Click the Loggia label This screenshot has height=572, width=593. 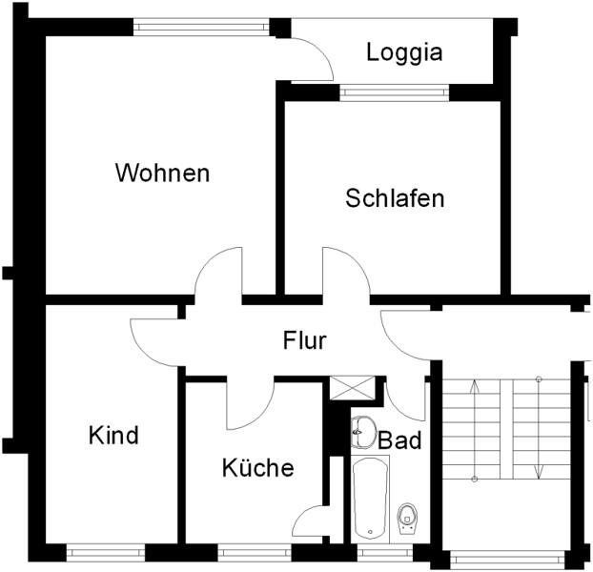tap(404, 52)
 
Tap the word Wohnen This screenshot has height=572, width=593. tap(162, 174)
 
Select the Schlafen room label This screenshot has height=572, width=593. tap(395, 198)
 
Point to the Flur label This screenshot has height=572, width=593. tap(305, 340)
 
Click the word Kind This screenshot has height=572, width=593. tap(113, 436)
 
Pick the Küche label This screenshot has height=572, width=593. tap(257, 468)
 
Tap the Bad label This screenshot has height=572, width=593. tap(399, 441)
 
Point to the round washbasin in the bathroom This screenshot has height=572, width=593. tap(363, 432)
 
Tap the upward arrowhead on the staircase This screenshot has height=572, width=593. tap(475, 386)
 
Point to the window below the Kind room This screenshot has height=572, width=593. tap(105, 551)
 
